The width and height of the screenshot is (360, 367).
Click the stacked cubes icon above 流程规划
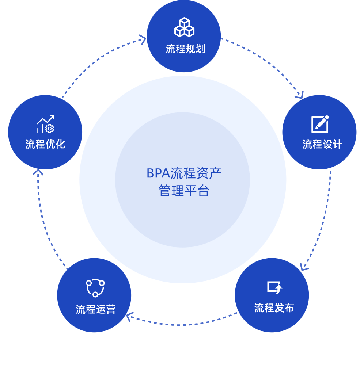pos(184,27)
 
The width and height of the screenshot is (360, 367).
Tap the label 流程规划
pos(185,49)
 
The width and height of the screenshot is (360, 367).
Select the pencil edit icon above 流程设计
pos(320,124)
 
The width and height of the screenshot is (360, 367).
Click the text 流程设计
pos(322,144)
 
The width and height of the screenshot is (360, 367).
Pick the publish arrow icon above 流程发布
pos(274,287)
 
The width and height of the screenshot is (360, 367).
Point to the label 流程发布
pos(274,308)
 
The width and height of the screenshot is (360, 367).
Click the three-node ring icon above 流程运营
pos(95,288)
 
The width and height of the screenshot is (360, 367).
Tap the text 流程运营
pos(96,309)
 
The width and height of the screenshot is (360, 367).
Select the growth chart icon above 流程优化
pos(45,124)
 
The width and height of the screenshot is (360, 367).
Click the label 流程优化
pos(45,144)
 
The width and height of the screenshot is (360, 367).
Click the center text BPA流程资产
pos(184,173)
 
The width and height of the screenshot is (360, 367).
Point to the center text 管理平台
pos(184,191)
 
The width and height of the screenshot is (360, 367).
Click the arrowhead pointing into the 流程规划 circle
pos(143,39)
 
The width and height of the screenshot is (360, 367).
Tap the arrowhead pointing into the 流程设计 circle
pos(300,96)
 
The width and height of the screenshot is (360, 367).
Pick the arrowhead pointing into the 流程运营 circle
pos(129,317)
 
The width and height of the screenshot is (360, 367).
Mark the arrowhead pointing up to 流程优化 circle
pos(38,171)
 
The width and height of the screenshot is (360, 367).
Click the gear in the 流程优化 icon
pos(50,129)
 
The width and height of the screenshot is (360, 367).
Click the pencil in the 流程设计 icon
pos(323,122)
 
